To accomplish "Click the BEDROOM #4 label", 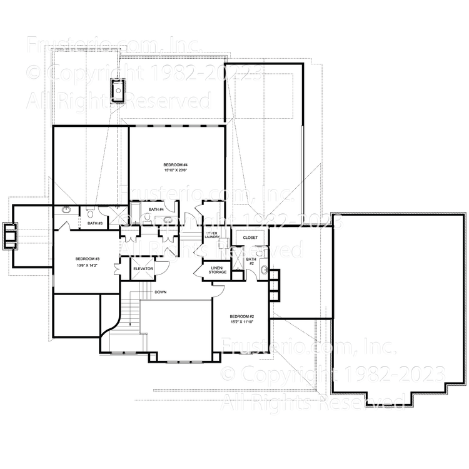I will point(176,164).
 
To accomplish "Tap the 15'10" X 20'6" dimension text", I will point(176,170).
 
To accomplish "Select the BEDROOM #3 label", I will point(88,259).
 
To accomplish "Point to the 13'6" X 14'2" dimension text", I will point(88,266).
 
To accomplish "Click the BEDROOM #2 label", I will point(241,316).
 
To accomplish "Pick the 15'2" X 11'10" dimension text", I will point(241,322).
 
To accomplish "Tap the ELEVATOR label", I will point(143,268).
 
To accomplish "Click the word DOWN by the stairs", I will point(161,291).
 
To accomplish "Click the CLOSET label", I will point(250,238).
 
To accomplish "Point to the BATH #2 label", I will point(251,261).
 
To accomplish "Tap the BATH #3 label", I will point(94,223).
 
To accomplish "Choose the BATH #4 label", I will point(156,209).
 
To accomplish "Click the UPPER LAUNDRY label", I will point(211,234).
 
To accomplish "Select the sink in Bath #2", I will point(265,270).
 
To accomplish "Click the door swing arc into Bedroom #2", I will point(220,288).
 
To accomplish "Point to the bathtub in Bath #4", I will point(166,220).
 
